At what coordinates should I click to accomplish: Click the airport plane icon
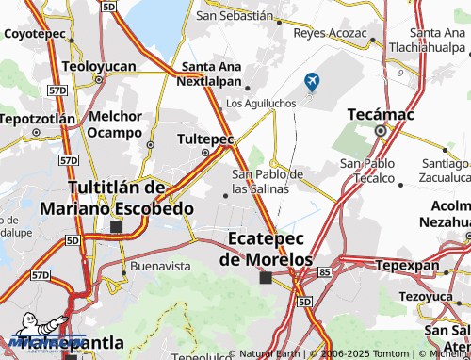[312, 83]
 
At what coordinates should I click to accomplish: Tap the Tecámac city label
[380, 113]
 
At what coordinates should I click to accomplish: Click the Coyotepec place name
[35, 33]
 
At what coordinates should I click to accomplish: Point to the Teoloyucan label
[99, 67]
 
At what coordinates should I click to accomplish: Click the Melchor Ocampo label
[115, 123]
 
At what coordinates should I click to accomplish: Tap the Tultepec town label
[205, 139]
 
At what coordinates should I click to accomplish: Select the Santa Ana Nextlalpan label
[212, 74]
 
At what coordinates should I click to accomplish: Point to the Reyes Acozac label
[330, 33]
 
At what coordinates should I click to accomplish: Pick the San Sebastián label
[235, 16]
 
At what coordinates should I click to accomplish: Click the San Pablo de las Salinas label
[268, 181]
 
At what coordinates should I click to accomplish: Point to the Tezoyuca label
[425, 296]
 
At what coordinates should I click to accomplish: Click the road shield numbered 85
[324, 272]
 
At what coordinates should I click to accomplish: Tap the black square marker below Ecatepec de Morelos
[266, 277]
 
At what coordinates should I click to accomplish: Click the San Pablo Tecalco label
[366, 171]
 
